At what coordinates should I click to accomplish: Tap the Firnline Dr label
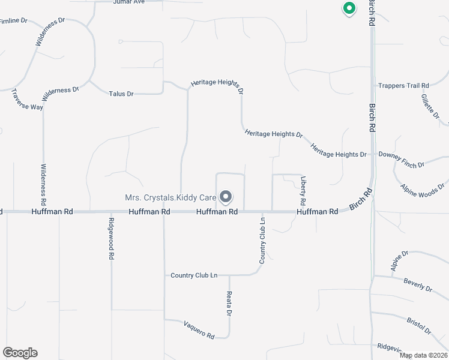[14, 21]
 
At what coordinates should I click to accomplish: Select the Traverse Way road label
[27, 99]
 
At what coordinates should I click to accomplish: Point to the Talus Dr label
[121, 94]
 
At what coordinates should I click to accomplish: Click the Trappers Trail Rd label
[403, 86]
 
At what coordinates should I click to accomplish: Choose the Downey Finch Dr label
[401, 159]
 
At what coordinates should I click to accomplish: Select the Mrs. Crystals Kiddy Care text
[170, 197]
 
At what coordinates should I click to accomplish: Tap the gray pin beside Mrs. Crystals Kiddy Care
[226, 196]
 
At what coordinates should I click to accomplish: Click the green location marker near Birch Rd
[348, 8]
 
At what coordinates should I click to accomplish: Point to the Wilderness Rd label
[43, 182]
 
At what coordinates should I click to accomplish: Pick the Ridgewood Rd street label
[111, 241]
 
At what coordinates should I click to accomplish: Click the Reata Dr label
[229, 304]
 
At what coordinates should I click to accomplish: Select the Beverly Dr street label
[418, 285]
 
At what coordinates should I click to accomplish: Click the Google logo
[20, 353]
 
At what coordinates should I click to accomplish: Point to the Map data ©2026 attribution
[423, 355]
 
